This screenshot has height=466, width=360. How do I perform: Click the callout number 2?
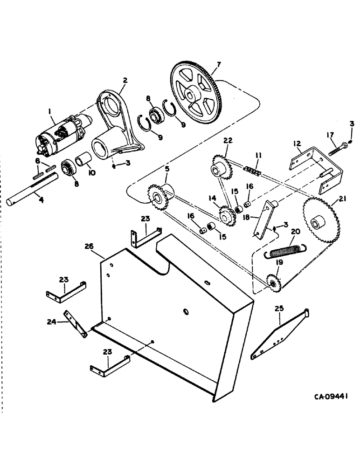click(125, 79)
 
